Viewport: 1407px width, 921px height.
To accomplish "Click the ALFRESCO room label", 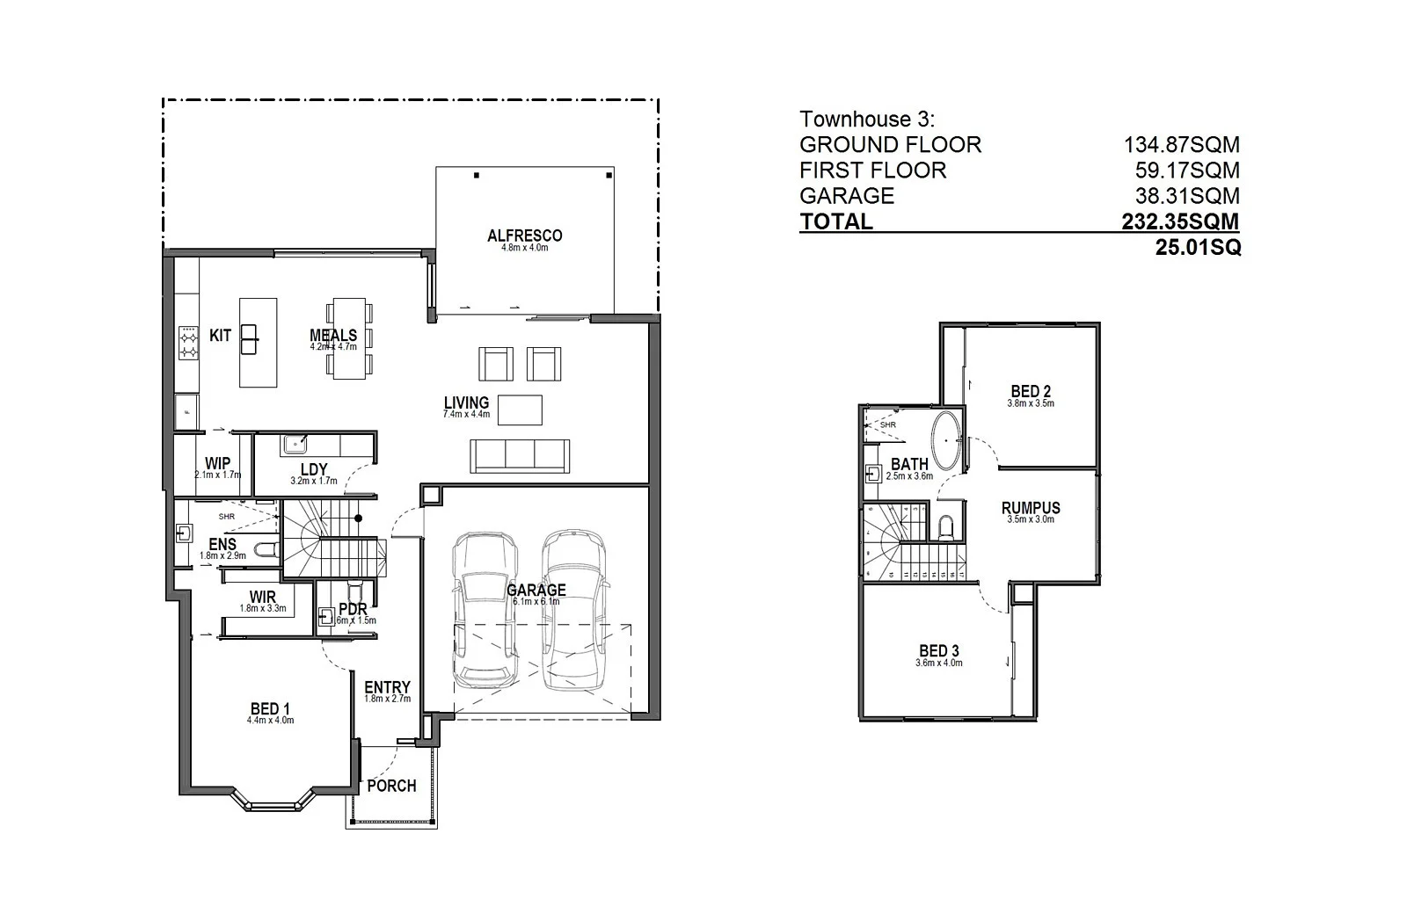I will point(524,236).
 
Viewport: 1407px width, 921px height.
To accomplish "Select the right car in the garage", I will point(574,610).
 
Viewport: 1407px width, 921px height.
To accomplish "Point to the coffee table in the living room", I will point(520,410).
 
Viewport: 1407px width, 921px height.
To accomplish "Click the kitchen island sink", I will point(249,339).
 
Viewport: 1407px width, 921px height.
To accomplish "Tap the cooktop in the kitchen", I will point(188,342).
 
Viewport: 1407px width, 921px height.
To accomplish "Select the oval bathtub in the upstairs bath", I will point(946,440).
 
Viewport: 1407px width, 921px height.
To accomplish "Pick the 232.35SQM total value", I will point(1179,221).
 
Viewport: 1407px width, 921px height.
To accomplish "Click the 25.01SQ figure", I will point(1198,248).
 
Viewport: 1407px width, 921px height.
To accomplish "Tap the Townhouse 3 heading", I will point(867,120).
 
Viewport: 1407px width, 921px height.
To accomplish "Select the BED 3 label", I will point(938,651).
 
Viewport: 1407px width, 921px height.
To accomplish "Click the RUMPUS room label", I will point(1031,508).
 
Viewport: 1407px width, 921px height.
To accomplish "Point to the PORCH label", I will point(391,786).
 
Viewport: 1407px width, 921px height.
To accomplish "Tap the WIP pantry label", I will point(217,463).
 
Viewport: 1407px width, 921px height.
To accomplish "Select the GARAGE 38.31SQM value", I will point(1186,196).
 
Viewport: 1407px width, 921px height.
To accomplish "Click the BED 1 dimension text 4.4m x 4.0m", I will point(270,721).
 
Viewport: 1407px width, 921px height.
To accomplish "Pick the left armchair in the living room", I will point(496,364).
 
